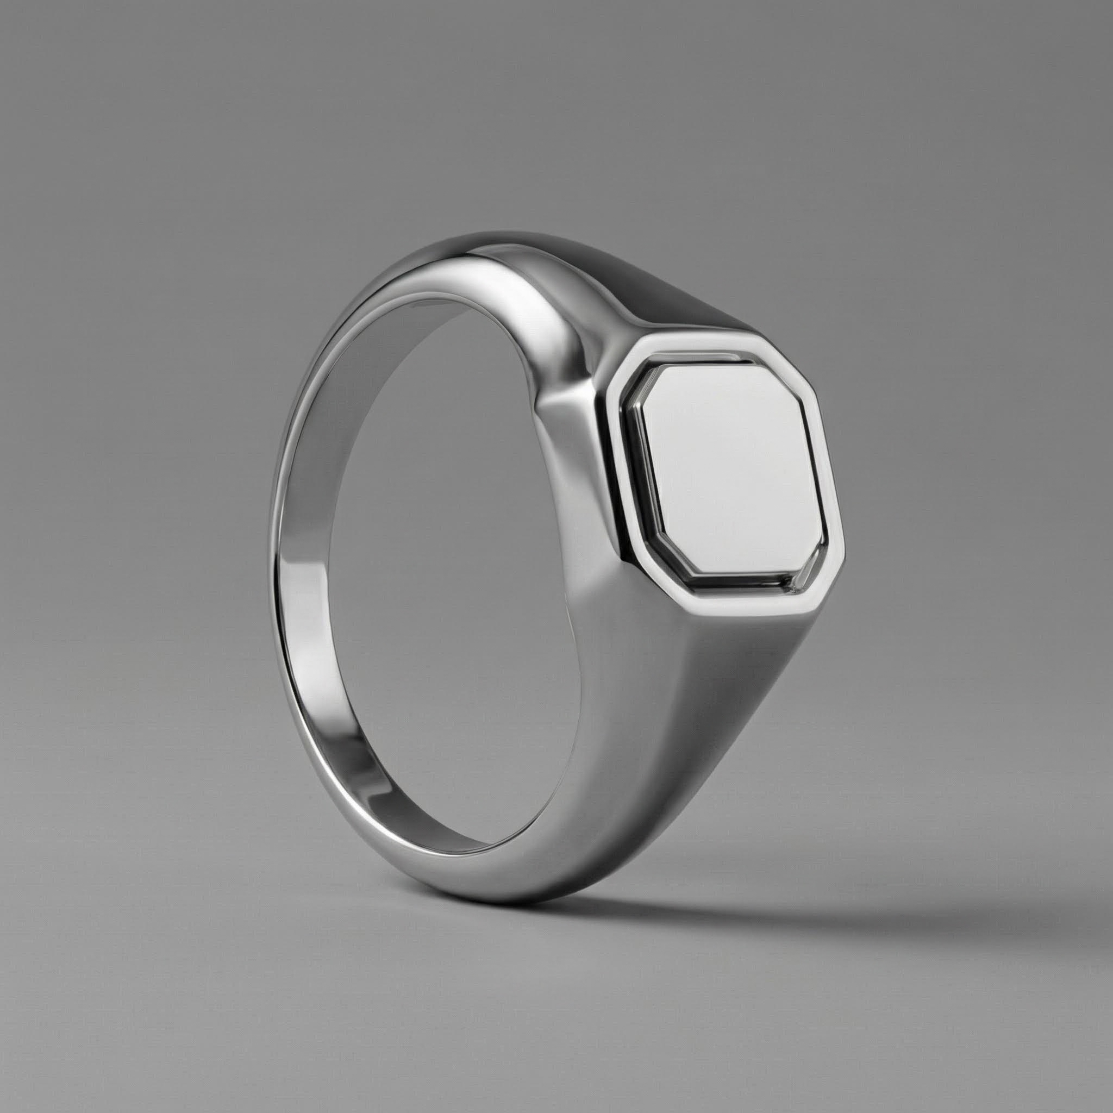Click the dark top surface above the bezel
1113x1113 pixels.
pos(680,288)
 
